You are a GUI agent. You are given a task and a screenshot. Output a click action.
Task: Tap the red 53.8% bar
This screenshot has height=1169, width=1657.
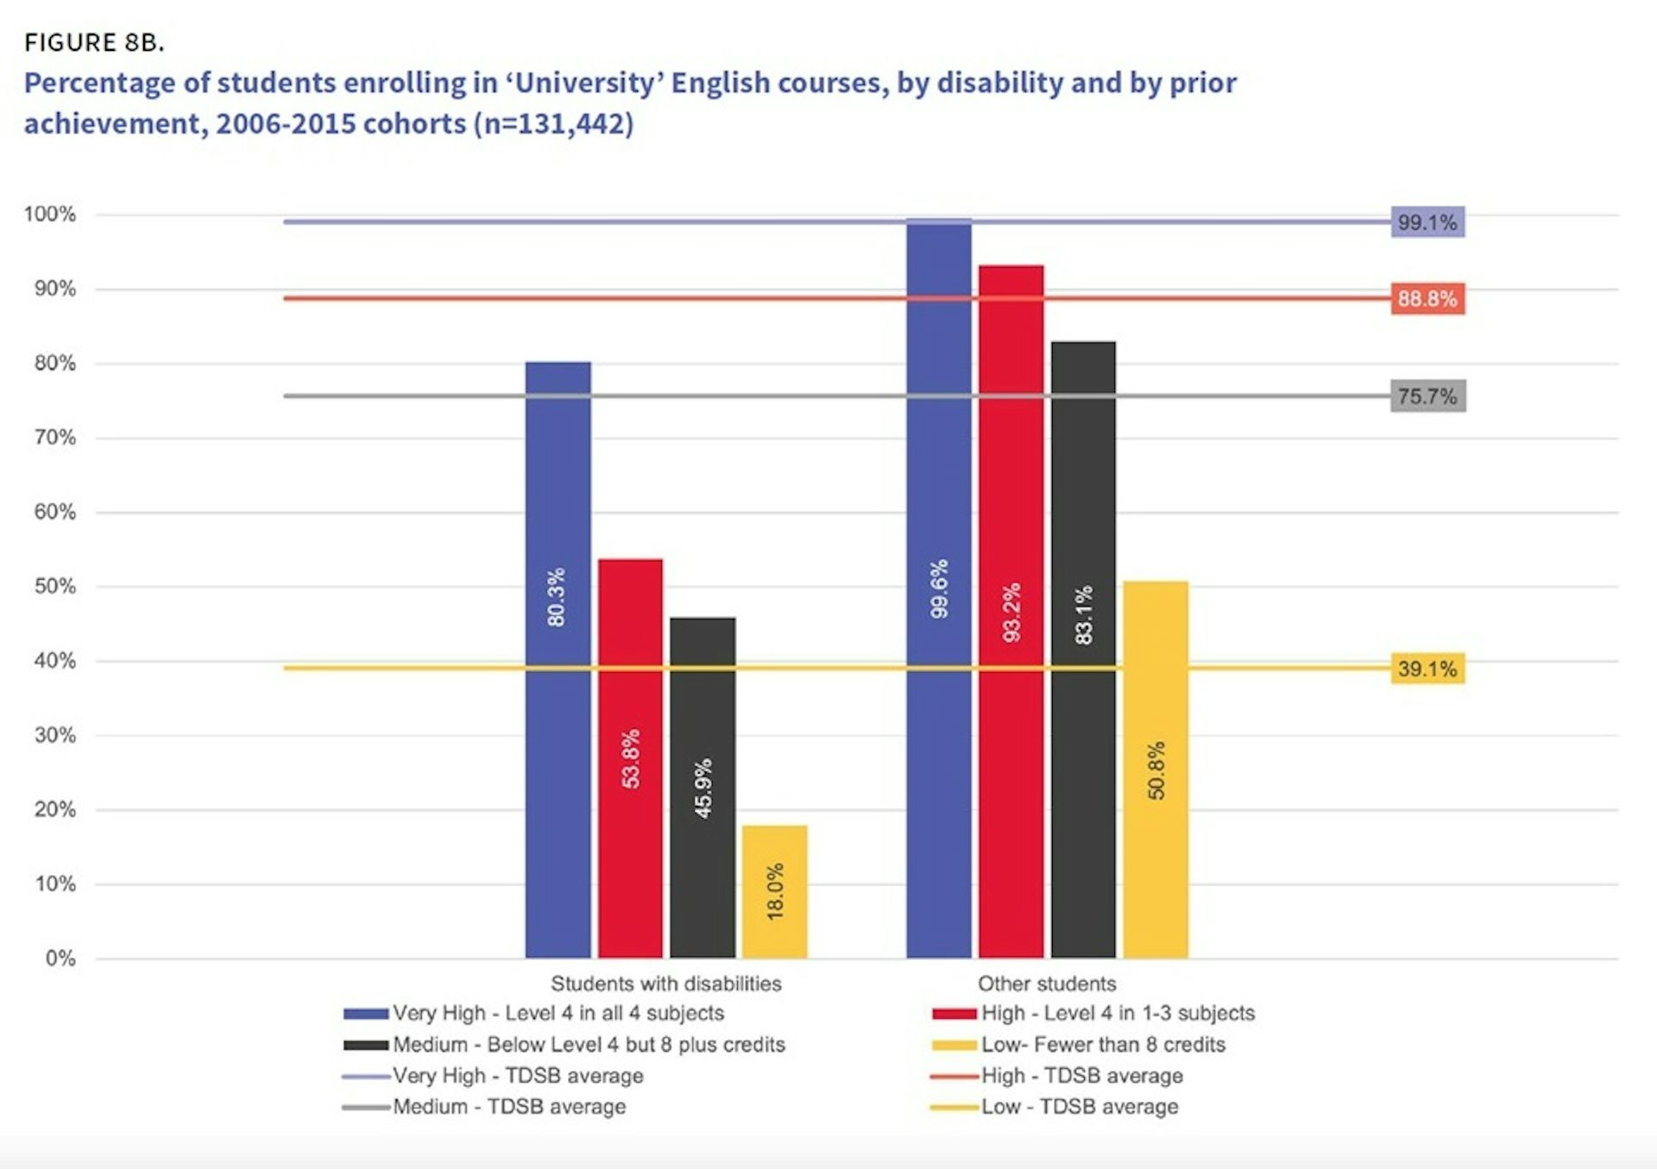click(630, 758)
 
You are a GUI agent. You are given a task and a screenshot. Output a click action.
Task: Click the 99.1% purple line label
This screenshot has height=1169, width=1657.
click(1427, 223)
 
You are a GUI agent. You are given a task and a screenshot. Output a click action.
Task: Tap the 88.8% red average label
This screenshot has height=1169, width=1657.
click(1427, 299)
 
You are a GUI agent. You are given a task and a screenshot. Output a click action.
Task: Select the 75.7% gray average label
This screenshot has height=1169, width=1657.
click(1427, 397)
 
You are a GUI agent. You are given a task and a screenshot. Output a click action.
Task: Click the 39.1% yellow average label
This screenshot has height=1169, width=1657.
click(1427, 669)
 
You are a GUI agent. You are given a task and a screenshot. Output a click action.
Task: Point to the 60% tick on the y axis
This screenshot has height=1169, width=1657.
click(55, 512)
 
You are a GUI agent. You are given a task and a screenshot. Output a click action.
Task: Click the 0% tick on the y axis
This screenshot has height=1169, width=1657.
click(60, 958)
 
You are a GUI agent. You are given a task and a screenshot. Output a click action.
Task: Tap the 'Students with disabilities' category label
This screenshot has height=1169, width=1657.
click(665, 984)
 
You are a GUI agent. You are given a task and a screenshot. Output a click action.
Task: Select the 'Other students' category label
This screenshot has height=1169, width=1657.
click(1046, 984)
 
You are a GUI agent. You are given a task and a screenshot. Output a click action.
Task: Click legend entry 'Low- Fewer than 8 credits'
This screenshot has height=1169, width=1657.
click(1102, 1045)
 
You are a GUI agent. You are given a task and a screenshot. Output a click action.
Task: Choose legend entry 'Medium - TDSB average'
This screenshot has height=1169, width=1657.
click(508, 1107)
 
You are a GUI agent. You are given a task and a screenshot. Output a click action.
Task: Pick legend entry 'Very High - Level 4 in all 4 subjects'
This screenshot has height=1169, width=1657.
click(558, 1013)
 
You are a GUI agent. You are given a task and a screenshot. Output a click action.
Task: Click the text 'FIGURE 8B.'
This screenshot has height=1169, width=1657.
click(94, 42)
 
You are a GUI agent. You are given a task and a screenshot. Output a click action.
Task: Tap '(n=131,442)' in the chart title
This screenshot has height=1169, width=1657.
click(553, 124)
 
